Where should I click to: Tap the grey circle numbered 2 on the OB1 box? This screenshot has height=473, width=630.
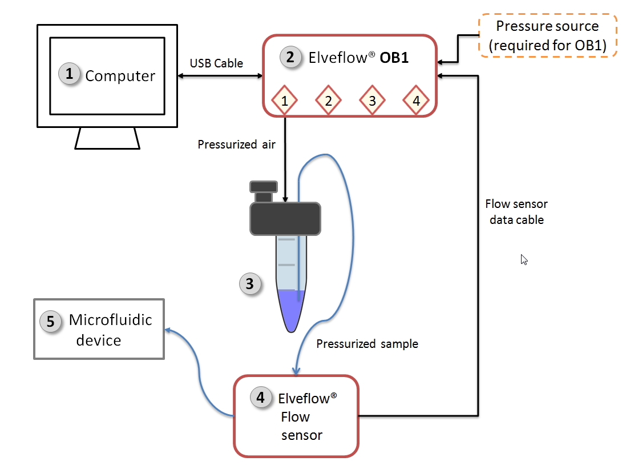click(x=290, y=57)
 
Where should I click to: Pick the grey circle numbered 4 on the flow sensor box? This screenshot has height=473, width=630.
click(x=261, y=398)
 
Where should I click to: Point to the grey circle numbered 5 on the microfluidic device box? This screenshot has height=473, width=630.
click(x=50, y=321)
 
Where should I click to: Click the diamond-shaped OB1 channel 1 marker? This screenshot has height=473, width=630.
click(x=284, y=101)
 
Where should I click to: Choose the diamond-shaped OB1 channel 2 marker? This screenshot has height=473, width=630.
click(x=328, y=101)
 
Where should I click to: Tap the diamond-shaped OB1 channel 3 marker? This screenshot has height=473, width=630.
click(x=372, y=101)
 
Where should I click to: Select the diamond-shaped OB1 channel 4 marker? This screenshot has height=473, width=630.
click(x=416, y=101)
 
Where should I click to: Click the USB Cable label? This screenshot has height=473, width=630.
click(x=216, y=63)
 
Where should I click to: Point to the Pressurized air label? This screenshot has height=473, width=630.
click(x=236, y=145)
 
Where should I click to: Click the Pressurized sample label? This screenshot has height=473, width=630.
click(x=367, y=343)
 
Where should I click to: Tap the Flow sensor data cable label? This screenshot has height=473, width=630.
click(x=516, y=211)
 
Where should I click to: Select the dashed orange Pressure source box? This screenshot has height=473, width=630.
click(x=547, y=35)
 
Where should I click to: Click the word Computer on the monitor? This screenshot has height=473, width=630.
click(x=120, y=76)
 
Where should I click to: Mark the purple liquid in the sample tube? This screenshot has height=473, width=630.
click(x=292, y=308)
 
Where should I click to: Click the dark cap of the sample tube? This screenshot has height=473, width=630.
click(x=285, y=218)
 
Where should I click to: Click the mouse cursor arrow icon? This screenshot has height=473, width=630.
click(x=524, y=259)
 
